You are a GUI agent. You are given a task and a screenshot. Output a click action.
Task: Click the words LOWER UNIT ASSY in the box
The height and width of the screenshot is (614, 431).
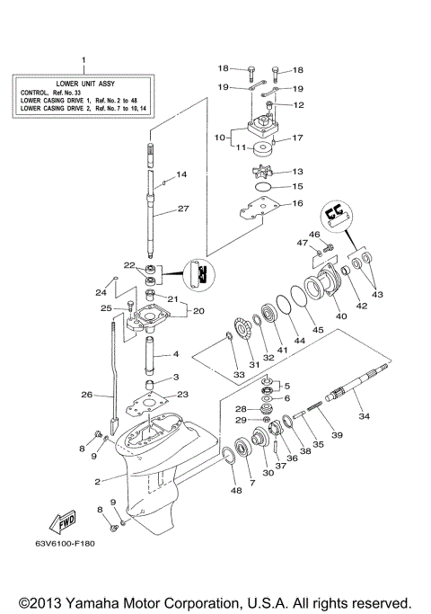(83, 81)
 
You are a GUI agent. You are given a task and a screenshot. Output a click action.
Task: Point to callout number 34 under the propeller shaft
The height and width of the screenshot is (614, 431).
(364, 416)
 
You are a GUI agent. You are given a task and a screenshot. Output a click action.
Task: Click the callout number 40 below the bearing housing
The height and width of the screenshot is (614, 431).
(340, 316)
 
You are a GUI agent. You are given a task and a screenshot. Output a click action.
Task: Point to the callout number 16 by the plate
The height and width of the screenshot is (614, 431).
(298, 204)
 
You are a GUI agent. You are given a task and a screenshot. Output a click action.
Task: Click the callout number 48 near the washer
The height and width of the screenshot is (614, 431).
(235, 490)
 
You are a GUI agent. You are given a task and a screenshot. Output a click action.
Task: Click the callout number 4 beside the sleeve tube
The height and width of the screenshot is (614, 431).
(176, 354)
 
